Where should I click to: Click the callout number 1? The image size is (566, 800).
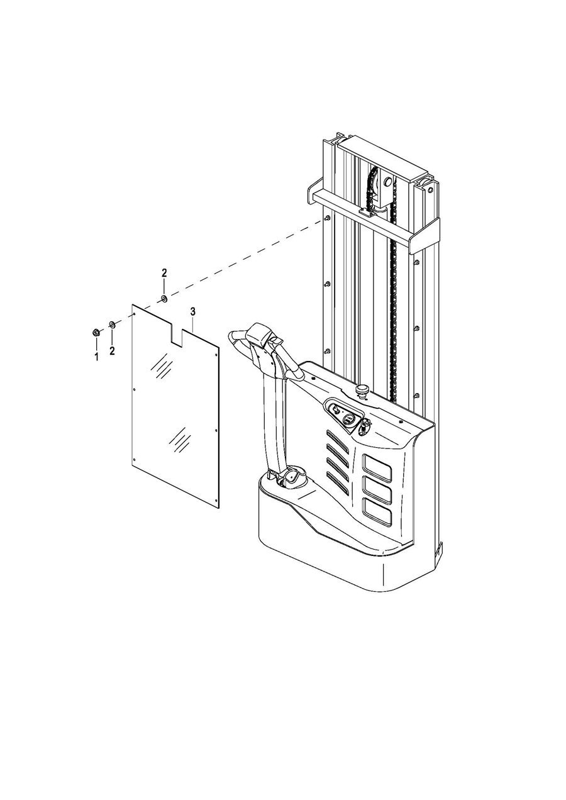96,356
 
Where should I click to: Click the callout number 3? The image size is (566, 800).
193,311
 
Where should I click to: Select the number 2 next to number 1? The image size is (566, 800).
112,351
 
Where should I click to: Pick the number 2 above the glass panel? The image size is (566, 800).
164,273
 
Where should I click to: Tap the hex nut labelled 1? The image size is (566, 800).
96,333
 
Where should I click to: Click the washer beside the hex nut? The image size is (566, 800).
112,325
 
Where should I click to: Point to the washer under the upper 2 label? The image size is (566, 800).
164,298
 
